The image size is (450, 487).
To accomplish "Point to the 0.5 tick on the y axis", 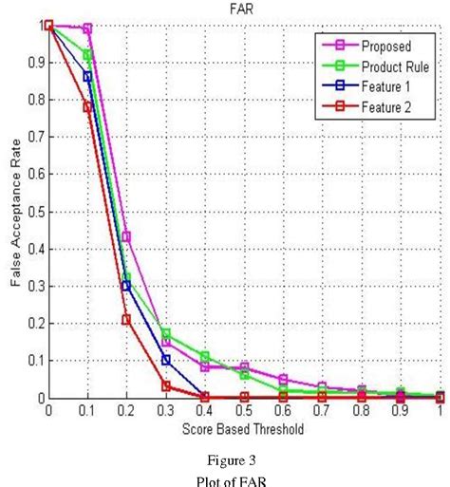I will tap(34, 212).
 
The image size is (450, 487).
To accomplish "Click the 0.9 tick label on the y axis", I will tap(34, 63).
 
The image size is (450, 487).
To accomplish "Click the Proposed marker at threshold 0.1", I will tap(87, 29).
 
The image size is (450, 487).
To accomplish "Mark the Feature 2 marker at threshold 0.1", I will tap(87, 107).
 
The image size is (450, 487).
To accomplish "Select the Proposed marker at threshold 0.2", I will tap(126, 236).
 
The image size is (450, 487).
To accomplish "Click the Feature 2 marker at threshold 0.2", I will tap(126, 320).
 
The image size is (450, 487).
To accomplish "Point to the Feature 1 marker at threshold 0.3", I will tap(166, 360).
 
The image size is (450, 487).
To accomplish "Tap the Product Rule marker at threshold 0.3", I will tap(166, 334).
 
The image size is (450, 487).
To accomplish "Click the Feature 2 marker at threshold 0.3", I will tap(166, 386).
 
